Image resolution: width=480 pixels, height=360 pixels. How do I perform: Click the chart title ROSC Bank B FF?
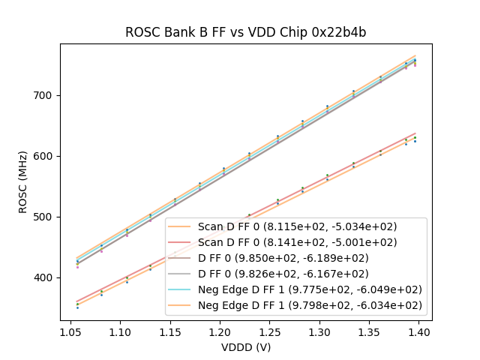(x=245, y=32)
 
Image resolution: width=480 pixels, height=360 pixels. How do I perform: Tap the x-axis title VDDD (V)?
(x=245, y=347)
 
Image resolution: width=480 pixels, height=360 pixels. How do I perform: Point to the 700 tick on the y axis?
(x=46, y=95)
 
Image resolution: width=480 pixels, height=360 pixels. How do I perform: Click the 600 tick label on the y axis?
(x=46, y=156)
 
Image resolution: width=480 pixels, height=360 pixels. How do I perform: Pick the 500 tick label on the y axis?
(x=46, y=217)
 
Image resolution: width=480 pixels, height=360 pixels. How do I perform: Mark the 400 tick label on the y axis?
(x=46, y=277)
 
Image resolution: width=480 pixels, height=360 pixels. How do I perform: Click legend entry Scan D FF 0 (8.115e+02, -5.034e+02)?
(x=297, y=226)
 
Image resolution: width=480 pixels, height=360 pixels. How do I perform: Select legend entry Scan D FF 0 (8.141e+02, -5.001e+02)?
(x=297, y=242)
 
